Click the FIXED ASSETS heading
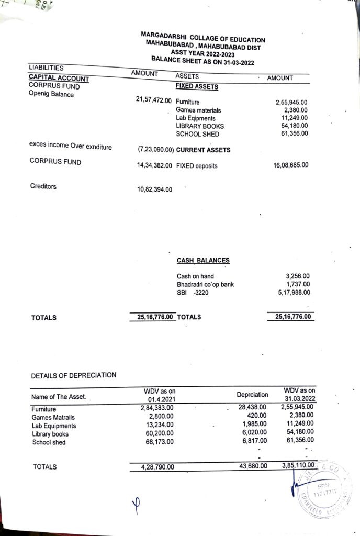tap(197, 86)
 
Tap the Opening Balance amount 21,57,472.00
tap(154, 100)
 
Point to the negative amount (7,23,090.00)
tap(156, 150)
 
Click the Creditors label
tap(43, 186)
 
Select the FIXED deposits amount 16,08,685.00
tap(291, 165)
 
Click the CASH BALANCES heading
tap(203, 260)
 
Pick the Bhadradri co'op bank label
tap(205, 284)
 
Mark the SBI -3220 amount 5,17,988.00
tap(294, 293)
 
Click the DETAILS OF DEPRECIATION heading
tap(74, 375)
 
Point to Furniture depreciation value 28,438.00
tap(253, 407)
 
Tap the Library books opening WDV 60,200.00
tap(159, 433)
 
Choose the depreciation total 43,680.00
tap(253, 466)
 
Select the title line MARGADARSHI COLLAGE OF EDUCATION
tap(203, 38)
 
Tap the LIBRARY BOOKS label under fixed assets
tap(200, 126)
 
